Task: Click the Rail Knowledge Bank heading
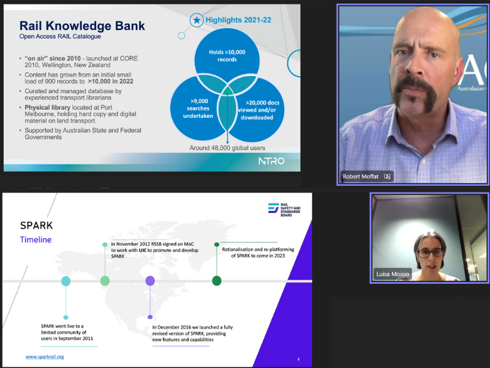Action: point(82,26)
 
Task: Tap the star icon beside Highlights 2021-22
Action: point(197,20)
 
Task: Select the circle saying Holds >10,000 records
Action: point(227,56)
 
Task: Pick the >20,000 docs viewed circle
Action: point(259,110)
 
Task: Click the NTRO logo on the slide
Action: point(271,161)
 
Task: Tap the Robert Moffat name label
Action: point(361,177)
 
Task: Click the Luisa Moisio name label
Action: point(393,274)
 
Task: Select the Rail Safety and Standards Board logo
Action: point(284,209)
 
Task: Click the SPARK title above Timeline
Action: point(36,225)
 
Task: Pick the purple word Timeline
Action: point(36,240)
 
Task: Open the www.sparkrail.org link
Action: point(45,356)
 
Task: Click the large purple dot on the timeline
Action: point(150,281)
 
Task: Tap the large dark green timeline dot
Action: point(217,281)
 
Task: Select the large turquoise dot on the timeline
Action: point(66,281)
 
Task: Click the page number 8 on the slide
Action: point(298,359)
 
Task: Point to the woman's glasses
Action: point(431,252)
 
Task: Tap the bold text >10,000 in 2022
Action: point(110,82)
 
